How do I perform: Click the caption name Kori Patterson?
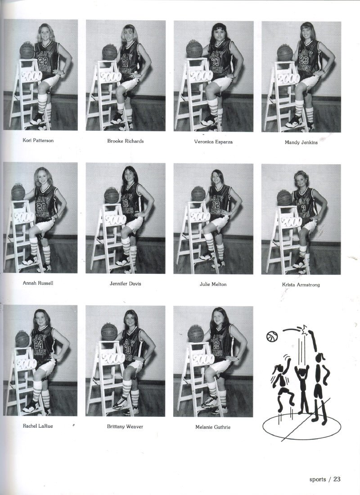coord(38,140)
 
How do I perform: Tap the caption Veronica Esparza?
coord(213,142)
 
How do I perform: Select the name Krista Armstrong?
coord(301,285)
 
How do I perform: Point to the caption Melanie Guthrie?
coord(213,427)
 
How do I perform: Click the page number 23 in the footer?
coord(337,479)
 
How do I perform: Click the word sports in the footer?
coord(317,479)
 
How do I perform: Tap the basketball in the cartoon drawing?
coord(272,337)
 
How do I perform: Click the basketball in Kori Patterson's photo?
coord(27,50)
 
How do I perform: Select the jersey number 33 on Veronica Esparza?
coord(216,61)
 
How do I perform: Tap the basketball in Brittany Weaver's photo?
coord(109,331)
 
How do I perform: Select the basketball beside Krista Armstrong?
coord(284,198)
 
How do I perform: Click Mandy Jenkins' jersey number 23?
coord(303,60)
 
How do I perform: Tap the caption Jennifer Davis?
coord(126,284)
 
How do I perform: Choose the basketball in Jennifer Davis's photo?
coord(112,196)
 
